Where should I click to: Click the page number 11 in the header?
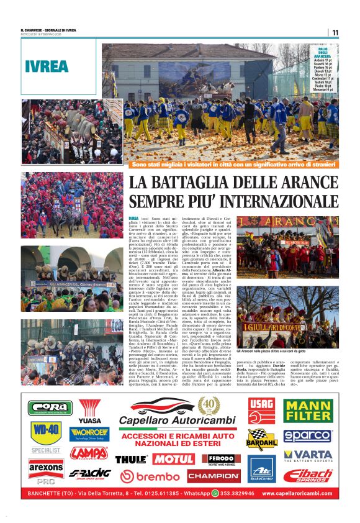pyautogui.click(x=335, y=32)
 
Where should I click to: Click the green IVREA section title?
pyautogui.click(x=47, y=66)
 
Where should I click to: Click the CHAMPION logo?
pyautogui.click(x=214, y=476)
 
